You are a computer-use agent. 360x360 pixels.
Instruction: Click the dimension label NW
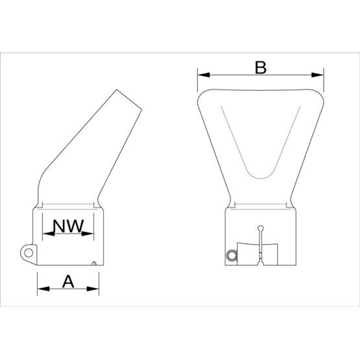68,227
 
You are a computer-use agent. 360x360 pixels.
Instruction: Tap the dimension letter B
260,67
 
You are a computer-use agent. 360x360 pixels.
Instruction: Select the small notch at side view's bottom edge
95,263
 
